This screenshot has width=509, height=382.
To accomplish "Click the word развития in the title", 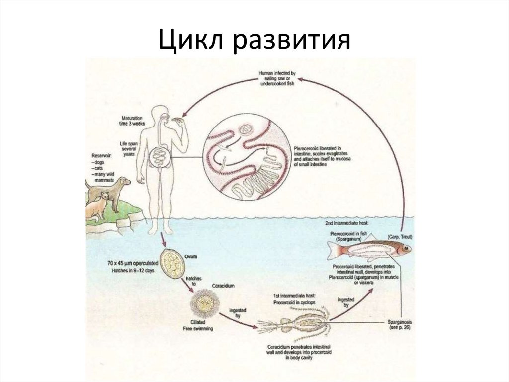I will click(x=288, y=40).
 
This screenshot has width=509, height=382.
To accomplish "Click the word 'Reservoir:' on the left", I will click(x=102, y=156).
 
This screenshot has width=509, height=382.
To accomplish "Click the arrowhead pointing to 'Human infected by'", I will click(x=304, y=79).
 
